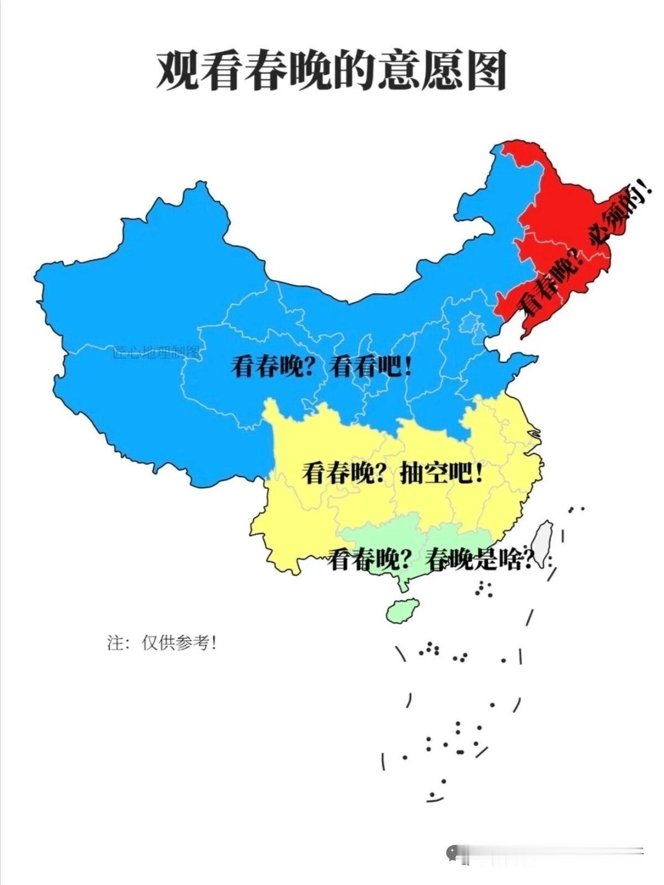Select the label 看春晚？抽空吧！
click(x=392, y=473)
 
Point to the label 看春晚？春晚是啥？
click(x=432, y=560)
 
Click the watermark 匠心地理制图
click(x=156, y=352)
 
